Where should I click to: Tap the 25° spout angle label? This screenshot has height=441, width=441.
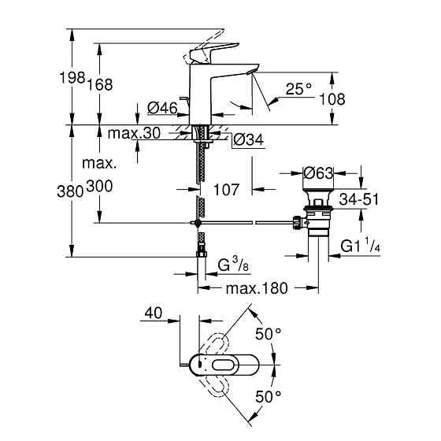(300, 90)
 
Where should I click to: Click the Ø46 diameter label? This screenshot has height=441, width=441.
(162, 108)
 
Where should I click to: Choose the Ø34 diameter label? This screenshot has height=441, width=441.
(248, 140)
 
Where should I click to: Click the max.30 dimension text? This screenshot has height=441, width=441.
(135, 134)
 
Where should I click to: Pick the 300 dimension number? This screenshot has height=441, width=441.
(100, 187)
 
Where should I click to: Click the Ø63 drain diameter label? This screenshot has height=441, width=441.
(320, 172)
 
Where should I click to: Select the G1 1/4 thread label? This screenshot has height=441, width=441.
(361, 246)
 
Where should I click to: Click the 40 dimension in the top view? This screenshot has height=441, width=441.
(153, 313)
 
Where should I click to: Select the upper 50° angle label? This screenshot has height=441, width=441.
(267, 335)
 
